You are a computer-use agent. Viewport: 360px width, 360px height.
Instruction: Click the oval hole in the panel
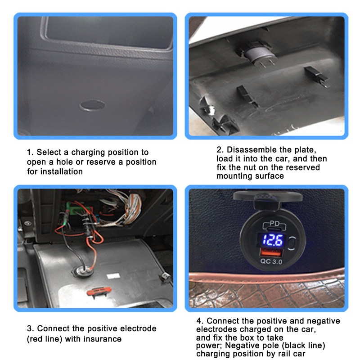coord(92,105)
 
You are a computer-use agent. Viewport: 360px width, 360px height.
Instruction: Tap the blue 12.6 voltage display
coord(272,240)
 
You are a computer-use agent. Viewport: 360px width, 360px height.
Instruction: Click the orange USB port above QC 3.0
coord(271,252)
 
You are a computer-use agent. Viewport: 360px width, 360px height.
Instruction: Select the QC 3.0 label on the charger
coord(271,261)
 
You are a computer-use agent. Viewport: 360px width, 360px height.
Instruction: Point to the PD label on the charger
coord(274,223)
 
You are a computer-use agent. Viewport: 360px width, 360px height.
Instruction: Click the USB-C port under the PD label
coord(274,229)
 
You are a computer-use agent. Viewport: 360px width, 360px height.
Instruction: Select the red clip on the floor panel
coord(99,291)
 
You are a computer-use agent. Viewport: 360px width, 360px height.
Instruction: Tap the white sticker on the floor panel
coord(113,276)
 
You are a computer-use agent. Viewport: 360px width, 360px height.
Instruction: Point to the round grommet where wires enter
coord(83,271)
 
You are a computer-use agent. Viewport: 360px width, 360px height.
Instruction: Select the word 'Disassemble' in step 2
coord(252,150)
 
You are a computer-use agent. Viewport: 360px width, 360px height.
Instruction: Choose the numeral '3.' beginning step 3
coord(30,328)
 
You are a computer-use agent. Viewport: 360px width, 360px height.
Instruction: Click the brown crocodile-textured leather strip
coord(266,290)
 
